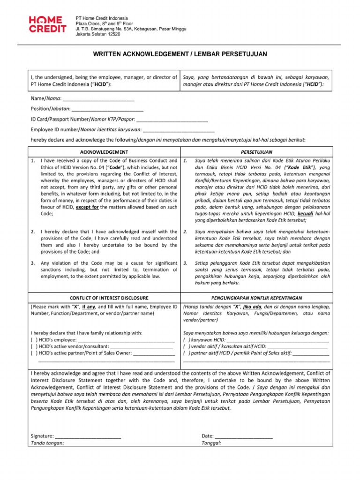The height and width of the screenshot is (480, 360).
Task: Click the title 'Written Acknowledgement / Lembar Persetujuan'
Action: tap(180, 54)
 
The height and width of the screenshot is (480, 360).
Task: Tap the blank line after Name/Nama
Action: tap(98, 99)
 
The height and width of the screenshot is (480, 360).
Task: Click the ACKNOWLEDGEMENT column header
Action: tap(104, 152)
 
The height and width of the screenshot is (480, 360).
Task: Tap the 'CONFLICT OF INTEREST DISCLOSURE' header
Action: tap(109, 298)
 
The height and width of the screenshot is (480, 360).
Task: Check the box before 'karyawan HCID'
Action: tap(186, 340)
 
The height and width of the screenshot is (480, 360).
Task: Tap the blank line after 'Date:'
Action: tap(244, 436)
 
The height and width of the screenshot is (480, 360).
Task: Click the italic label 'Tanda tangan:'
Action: tap(47, 443)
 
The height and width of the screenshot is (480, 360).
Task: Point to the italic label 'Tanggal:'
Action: tap(211, 443)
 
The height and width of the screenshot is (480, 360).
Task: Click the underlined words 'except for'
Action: tap(87, 207)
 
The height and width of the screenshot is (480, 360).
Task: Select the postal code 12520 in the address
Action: tap(113, 34)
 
